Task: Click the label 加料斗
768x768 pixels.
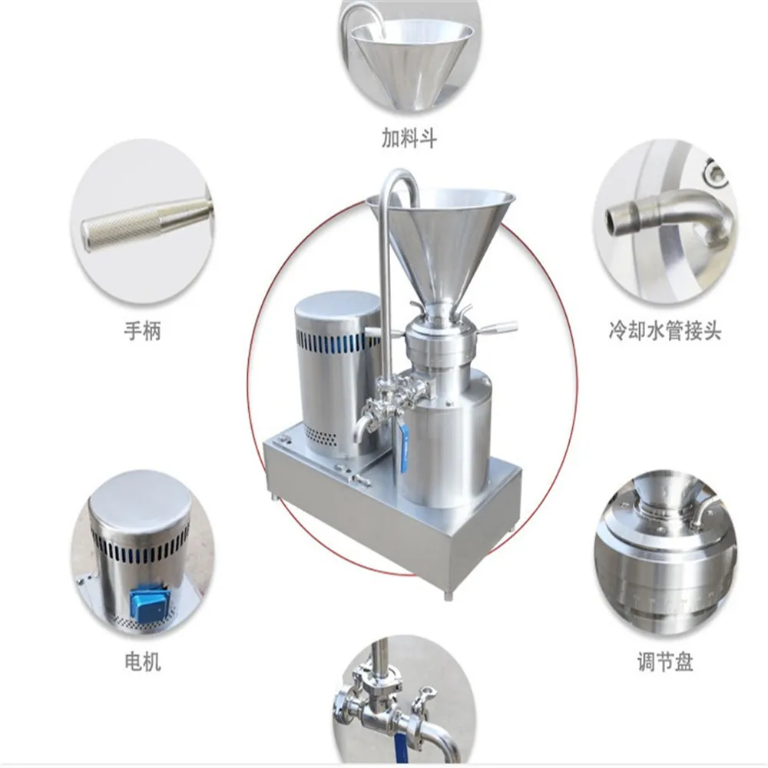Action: click(409, 137)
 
